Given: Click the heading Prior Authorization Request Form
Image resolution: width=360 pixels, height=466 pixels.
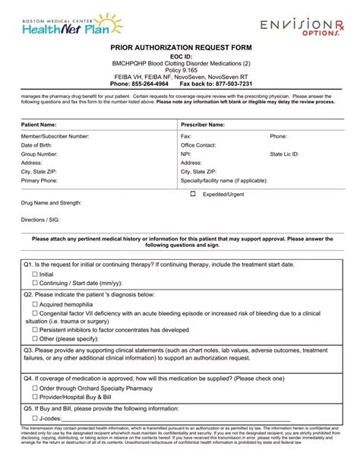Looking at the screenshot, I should pyautogui.click(x=179, y=46).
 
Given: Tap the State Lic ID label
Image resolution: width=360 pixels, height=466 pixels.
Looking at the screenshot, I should pyautogui.click(x=284, y=154).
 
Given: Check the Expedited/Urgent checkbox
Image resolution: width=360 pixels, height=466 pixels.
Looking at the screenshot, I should pyautogui.click(x=193, y=194).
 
